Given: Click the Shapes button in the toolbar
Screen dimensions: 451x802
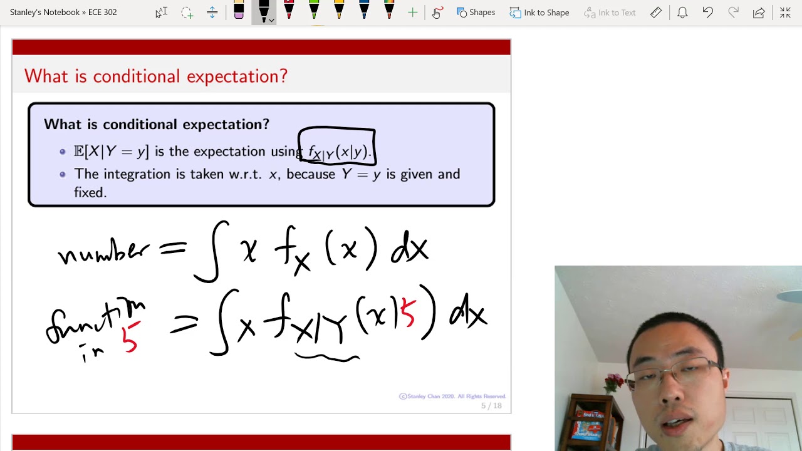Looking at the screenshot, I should [476, 13].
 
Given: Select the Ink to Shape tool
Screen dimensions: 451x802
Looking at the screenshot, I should [539, 13].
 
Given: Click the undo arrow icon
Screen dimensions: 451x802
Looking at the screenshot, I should [707, 13].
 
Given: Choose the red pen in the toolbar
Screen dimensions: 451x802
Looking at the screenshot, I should [289, 11].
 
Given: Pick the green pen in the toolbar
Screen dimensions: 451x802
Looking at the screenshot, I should [314, 11].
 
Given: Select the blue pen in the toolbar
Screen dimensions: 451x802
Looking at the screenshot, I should [364, 11].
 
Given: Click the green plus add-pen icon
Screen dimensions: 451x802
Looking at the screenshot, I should [412, 13].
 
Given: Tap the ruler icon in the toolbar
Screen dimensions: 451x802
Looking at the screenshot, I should [655, 13].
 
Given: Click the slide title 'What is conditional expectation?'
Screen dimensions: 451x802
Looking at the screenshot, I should [155, 76].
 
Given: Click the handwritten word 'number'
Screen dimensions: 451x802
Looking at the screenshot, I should [103, 252].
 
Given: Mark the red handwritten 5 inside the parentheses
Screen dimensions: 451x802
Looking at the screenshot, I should [407, 313].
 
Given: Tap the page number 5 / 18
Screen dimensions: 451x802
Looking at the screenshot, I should [491, 406].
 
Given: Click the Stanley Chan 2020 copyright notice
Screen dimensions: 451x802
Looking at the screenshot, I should [452, 397].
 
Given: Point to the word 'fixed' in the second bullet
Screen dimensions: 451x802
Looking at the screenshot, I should [90, 193].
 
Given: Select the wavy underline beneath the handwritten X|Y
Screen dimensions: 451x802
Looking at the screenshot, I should [327, 358].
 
